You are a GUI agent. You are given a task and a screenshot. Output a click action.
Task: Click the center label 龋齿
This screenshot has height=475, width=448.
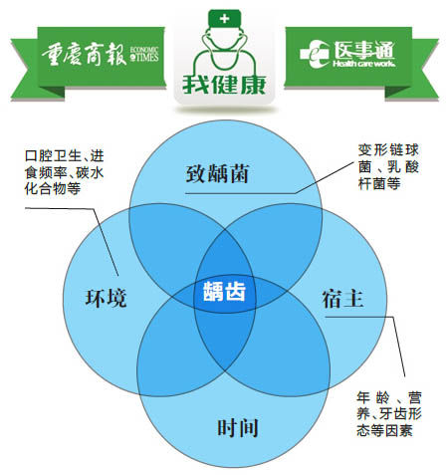[x=224, y=292]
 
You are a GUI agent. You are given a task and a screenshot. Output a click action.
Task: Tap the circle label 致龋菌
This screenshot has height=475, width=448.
[x=217, y=173]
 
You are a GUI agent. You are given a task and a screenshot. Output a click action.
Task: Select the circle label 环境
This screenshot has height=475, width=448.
[x=106, y=298]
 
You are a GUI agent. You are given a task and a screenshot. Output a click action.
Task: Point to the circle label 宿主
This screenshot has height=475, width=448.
[x=342, y=299]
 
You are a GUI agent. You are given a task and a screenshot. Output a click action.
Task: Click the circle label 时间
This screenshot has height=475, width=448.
[x=238, y=427]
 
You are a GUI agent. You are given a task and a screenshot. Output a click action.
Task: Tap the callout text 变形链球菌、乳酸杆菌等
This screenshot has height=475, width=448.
[x=388, y=166]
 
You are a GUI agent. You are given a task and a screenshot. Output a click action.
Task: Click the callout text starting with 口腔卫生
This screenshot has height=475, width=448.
[x=65, y=172]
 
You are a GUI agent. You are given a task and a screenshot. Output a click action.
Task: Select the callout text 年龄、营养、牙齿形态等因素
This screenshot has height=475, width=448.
[x=389, y=414]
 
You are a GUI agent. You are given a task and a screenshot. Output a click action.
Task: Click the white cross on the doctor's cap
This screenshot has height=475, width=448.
[x=224, y=18]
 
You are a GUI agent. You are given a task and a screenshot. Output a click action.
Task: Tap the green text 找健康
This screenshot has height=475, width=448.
[x=224, y=85]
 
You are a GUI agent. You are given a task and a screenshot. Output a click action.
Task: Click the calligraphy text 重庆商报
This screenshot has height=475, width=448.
[x=84, y=54]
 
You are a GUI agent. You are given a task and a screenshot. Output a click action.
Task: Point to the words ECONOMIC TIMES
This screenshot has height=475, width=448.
[x=144, y=54]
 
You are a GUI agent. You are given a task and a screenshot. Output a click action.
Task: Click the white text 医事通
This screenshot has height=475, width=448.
[x=364, y=51]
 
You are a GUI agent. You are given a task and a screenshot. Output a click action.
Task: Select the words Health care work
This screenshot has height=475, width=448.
[x=364, y=64]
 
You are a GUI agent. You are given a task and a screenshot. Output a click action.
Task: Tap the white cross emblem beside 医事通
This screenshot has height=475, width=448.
[x=314, y=54]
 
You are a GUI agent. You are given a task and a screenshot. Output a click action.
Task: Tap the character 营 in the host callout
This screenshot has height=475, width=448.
[x=415, y=397]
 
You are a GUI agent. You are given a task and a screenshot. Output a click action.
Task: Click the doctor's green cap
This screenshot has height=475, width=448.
[x=224, y=18]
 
